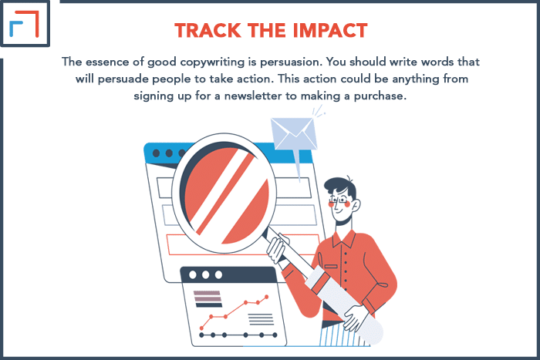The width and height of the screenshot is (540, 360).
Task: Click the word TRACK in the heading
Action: pyautogui.click(x=208, y=31)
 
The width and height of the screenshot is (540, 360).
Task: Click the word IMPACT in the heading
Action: pyautogui.click(x=330, y=31)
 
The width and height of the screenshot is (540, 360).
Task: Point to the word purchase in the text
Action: pyautogui.click(x=380, y=96)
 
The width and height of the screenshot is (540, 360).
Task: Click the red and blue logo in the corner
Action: pyautogui.click(x=24, y=23)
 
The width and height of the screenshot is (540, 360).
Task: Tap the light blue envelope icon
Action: pyautogui.click(x=293, y=133)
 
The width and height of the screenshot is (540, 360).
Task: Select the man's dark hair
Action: pyautogui.click(x=341, y=187)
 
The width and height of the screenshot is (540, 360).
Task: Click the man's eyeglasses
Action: pyautogui.click(x=340, y=200)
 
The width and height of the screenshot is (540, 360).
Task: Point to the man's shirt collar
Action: pyautogui.click(x=344, y=237)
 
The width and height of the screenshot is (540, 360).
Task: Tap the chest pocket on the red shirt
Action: pyautogui.click(x=331, y=267)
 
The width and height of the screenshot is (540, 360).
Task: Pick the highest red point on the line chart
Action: pyautogui.click(x=267, y=297)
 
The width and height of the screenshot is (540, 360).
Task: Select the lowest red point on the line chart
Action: pyautogui.click(x=202, y=328)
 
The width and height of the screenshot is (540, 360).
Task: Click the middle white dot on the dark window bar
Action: pyautogui.click(x=206, y=274)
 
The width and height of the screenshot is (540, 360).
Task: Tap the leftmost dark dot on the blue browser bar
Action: pyautogui.click(x=156, y=153)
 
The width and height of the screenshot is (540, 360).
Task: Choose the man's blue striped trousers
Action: pyautogui.click(x=339, y=334)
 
